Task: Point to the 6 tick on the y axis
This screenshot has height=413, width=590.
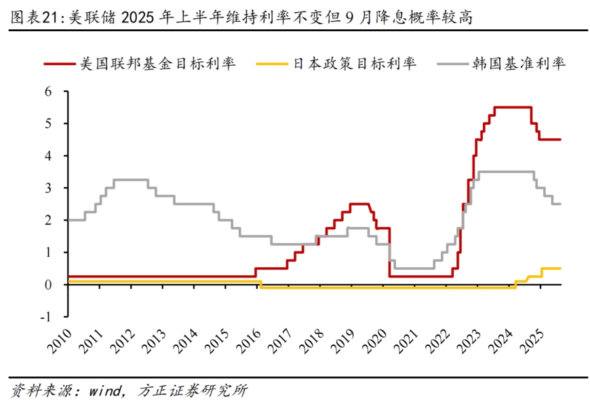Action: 57,92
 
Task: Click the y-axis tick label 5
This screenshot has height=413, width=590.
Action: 57,123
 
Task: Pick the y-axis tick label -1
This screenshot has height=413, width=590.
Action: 54,317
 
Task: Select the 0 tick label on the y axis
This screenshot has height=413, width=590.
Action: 57,285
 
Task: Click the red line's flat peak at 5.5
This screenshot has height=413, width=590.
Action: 513,107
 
